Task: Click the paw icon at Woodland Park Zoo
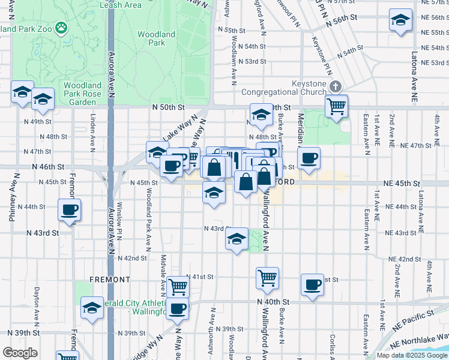[61, 27]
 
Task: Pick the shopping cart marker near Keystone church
[337, 107]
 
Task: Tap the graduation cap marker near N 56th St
[400, 20]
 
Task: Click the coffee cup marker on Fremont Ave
[69, 211]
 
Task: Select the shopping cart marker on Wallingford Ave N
[267, 278]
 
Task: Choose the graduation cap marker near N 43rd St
[237, 240]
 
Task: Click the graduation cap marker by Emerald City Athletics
[92, 308]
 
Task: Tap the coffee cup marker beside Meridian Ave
[309, 159]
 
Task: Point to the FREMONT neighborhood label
[110, 280]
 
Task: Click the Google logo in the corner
[20, 353]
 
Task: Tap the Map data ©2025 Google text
[412, 355]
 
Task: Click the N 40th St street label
[273, 301]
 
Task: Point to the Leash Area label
[125, 5]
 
